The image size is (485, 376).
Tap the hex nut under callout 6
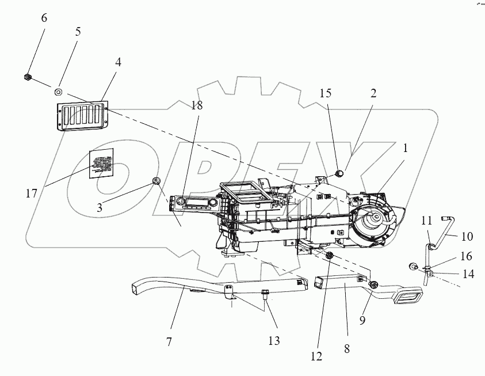point(28,77)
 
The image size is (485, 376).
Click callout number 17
point(32,194)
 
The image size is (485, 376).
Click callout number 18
point(197,105)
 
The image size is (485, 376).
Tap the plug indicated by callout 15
point(339,172)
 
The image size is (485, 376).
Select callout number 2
point(373,93)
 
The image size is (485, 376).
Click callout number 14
point(469,274)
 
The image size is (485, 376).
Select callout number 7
point(169,342)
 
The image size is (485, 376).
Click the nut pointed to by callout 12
point(329,255)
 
